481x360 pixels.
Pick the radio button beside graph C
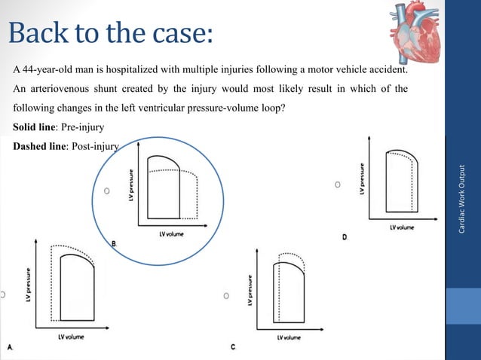[x=226, y=297]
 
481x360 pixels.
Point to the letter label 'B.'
[x=115, y=243]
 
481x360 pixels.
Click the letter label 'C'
[x=234, y=346]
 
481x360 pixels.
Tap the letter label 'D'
[x=345, y=237]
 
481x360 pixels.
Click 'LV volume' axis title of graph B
[x=174, y=234]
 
